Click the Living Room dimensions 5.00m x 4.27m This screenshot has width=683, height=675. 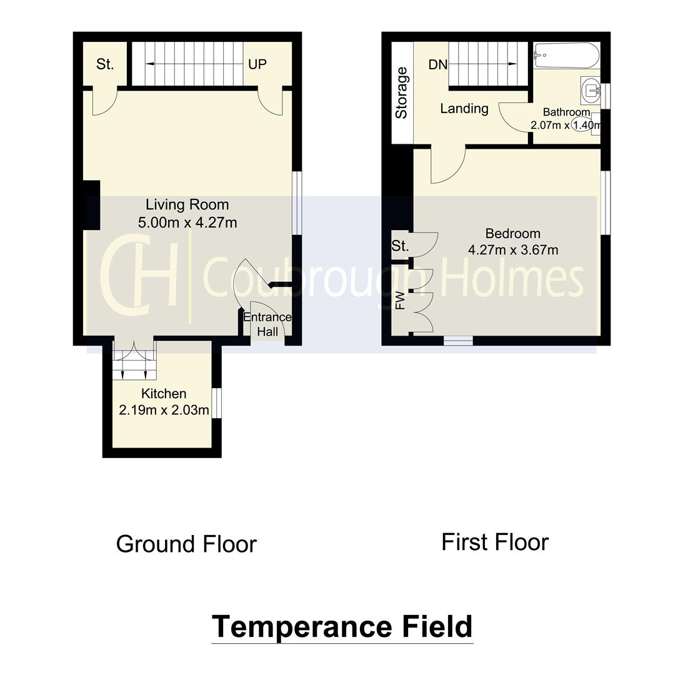(x=187, y=222)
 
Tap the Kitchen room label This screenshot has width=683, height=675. (x=164, y=394)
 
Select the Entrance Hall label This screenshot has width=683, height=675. (x=267, y=324)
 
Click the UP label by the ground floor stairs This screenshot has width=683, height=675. (x=257, y=64)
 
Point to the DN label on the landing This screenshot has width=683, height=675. (x=437, y=64)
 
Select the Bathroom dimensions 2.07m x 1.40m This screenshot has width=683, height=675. (x=565, y=125)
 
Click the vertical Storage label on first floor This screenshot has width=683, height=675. (x=401, y=92)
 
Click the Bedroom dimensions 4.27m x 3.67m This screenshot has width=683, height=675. (x=512, y=250)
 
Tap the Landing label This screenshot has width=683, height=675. (x=464, y=109)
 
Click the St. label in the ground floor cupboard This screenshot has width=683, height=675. (x=105, y=64)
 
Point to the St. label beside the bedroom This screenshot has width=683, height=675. (x=400, y=246)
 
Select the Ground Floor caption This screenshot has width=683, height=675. (x=186, y=544)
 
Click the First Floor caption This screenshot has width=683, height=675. (x=495, y=542)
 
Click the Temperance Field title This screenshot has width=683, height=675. (x=342, y=627)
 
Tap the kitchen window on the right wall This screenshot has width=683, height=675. (x=216, y=403)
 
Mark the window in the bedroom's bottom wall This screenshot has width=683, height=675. (x=458, y=341)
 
